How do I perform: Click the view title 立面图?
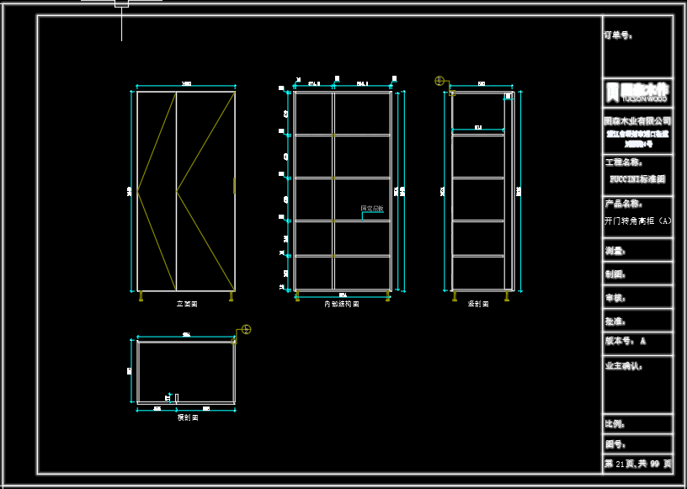(186, 304)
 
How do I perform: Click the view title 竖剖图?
(478, 304)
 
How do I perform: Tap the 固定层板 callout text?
(372, 208)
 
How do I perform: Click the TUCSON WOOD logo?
(637, 91)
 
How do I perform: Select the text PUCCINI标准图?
(637, 179)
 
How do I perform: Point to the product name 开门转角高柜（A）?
(637, 221)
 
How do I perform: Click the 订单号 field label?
(618, 35)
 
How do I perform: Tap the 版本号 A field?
(626, 341)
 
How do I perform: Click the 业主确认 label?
(623, 366)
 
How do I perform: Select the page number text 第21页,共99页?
(637, 464)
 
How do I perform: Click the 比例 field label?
(615, 424)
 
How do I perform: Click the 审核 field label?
(615, 297)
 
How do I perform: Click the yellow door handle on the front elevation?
(234, 186)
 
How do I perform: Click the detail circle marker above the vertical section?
(439, 81)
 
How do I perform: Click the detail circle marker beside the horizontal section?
(246, 329)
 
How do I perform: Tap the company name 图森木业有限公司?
(637, 121)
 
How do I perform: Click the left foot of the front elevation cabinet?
(141, 295)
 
